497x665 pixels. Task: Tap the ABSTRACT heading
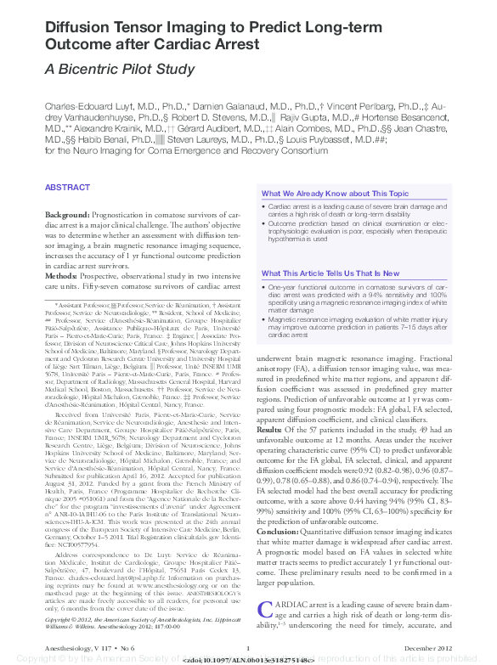coord(67,187)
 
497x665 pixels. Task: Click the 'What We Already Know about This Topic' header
coord(335,194)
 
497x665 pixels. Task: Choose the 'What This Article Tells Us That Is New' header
coord(330,273)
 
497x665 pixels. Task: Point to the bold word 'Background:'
coord(67,217)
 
